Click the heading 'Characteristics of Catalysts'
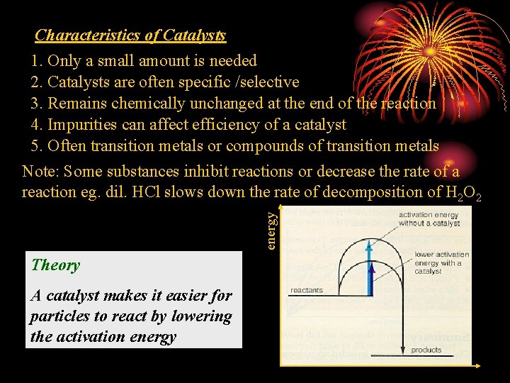(130, 35)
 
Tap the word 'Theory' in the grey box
(55, 265)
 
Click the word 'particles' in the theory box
(60, 316)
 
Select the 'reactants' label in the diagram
(307, 290)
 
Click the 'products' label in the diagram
(426, 350)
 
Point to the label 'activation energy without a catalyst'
(429, 218)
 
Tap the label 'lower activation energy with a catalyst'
(441, 262)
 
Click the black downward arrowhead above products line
(402, 348)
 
